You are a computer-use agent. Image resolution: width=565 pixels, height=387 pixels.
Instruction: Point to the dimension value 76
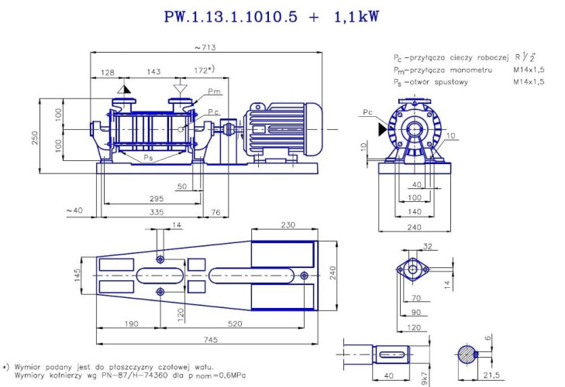(215, 211)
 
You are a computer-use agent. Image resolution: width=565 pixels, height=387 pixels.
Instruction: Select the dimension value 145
(78, 276)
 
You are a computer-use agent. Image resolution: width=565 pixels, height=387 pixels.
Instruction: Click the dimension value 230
(288, 225)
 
